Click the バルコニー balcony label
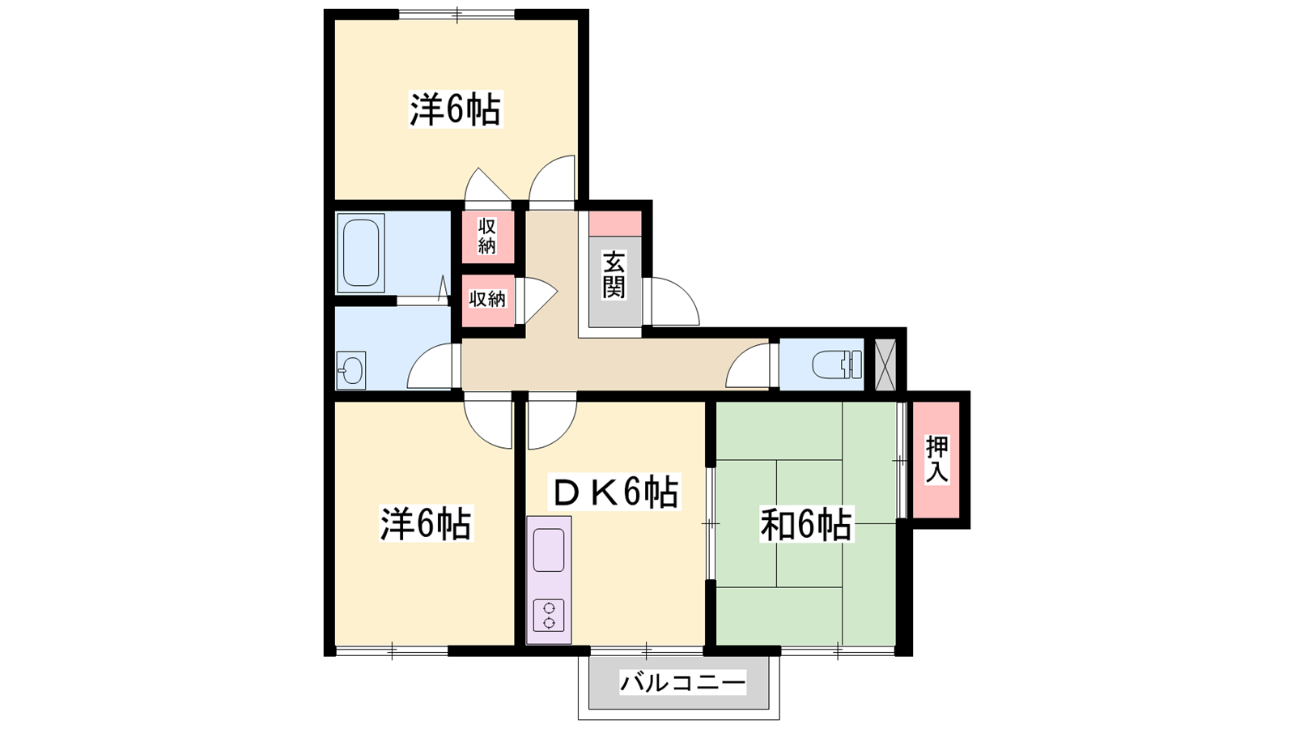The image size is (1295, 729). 683,683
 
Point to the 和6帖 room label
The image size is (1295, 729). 806,524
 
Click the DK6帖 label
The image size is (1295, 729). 614,492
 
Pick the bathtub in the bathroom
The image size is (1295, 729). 361,253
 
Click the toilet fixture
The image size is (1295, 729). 837,365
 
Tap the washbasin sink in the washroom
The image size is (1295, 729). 351,369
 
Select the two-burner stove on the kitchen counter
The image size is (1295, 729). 549,615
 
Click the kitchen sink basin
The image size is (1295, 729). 549,550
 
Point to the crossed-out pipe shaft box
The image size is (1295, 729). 885,364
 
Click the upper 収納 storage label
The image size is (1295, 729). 486,236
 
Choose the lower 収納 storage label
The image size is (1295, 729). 486,299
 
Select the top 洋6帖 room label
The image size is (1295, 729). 455,109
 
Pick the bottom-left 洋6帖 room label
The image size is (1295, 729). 426,523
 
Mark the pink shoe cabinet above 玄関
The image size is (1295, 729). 615,224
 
